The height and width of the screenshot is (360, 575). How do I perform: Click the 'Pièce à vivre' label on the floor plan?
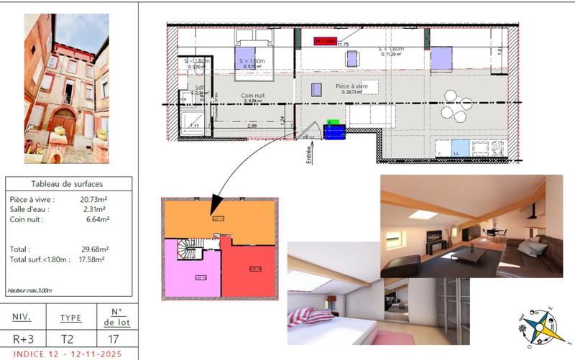[x=351, y=86]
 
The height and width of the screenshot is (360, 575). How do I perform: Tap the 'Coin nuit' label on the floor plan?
[x=252, y=96]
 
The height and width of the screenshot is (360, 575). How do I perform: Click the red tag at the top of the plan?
[x=324, y=42]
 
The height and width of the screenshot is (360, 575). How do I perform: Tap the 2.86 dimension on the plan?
[x=252, y=126]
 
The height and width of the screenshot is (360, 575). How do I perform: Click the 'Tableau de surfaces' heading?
[x=68, y=184]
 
